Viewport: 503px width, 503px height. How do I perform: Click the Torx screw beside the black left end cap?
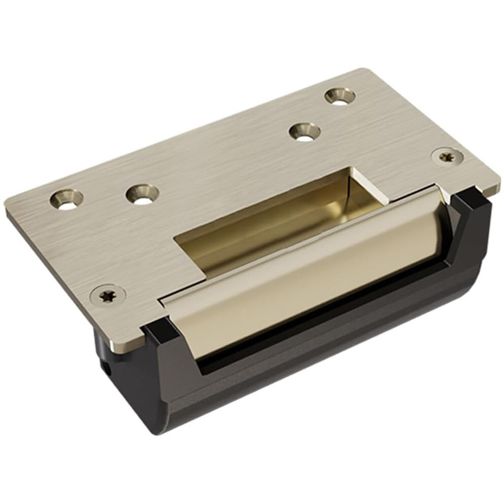coord(107,295)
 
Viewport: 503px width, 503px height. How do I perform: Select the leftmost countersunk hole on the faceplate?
coord(67,199)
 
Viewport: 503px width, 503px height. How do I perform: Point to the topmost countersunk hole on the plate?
coord(340,96)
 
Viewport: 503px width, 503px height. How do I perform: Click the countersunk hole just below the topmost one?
coord(305,133)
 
